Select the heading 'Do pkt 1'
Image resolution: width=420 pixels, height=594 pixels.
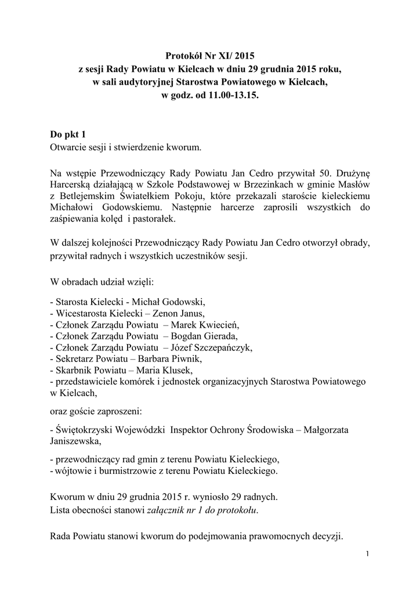70,135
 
